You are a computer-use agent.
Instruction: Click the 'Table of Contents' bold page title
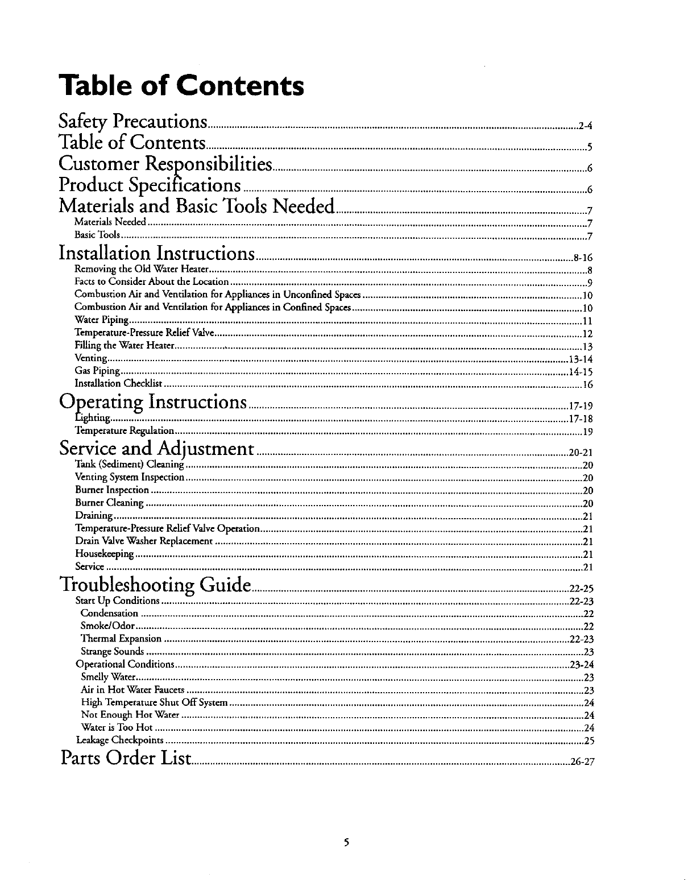coord(181,86)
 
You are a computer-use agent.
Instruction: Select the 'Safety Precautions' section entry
coord(133,122)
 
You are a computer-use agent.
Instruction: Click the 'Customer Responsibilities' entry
coord(165,164)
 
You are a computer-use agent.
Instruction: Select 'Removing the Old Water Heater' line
coord(143,269)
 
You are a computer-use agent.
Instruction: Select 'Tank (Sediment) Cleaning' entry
coord(130,465)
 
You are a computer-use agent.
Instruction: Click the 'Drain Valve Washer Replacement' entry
coord(144,541)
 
